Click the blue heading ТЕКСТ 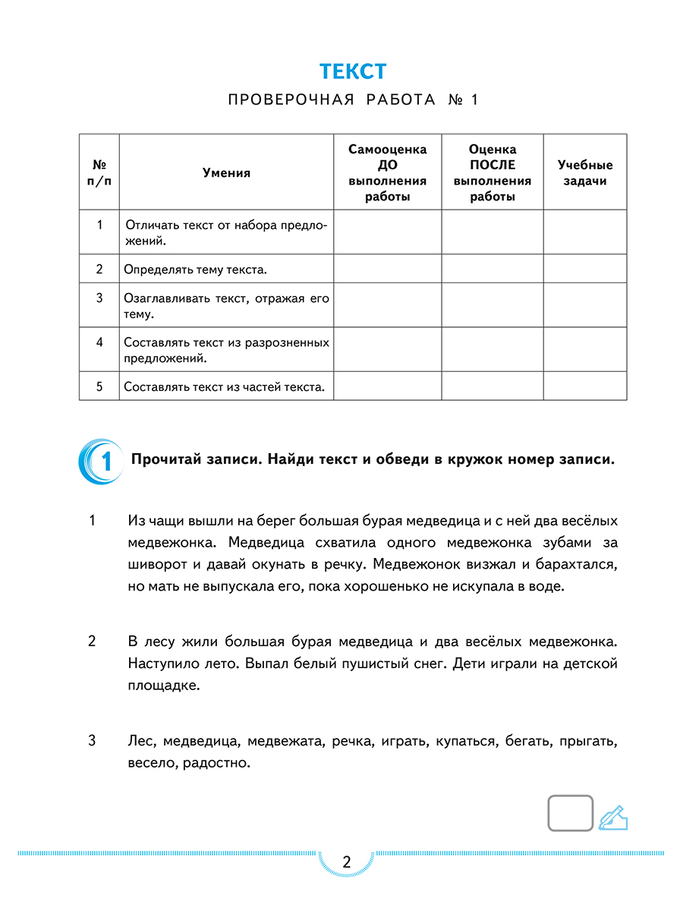tap(353, 71)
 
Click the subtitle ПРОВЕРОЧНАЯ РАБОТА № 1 tap(353, 100)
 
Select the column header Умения tap(226, 173)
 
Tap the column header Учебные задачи tap(584, 173)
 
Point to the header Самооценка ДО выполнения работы tap(387, 173)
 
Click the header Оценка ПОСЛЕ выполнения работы tap(492, 173)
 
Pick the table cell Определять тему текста tap(195, 270)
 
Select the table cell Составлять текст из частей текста tap(224, 387)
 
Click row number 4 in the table tap(99, 342)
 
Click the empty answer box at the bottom tap(570, 814)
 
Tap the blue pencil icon tap(613, 817)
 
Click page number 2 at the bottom tap(347, 862)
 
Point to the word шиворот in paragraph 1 tap(155, 565)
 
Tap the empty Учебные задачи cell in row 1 tap(584, 232)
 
